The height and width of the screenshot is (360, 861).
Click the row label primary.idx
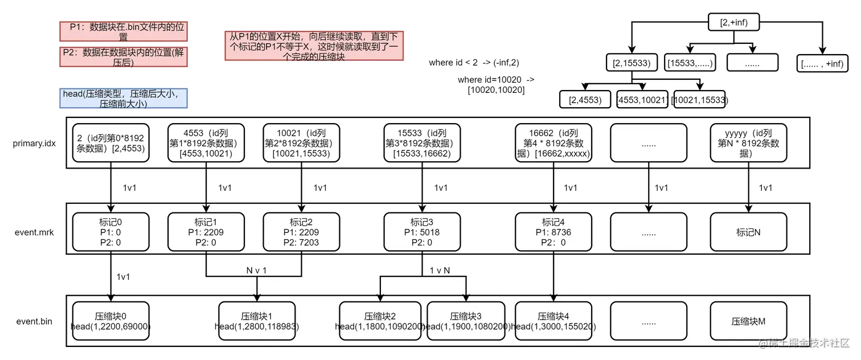pyautogui.click(x=34, y=144)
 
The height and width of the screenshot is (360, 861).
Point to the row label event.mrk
pyautogui.click(x=34, y=232)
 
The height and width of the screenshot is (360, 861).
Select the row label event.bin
pyautogui.click(x=34, y=321)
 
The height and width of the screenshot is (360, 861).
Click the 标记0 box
pyautogui.click(x=110, y=232)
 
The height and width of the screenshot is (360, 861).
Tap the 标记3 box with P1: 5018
pyautogui.click(x=422, y=232)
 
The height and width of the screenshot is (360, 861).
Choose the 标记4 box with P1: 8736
pyautogui.click(x=553, y=232)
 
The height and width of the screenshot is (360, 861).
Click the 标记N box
pyautogui.click(x=748, y=232)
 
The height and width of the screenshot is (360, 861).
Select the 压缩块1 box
pyautogui.click(x=257, y=321)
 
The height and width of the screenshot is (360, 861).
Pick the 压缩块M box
pyautogui.click(x=748, y=321)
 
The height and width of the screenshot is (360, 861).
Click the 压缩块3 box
pyautogui.click(x=466, y=321)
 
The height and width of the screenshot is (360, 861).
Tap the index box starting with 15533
pyautogui.click(x=422, y=143)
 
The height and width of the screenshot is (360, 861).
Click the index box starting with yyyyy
pyautogui.click(x=748, y=143)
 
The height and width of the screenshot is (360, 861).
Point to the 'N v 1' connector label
pyautogui.click(x=256, y=271)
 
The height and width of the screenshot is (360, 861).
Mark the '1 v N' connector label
pyautogui.click(x=440, y=271)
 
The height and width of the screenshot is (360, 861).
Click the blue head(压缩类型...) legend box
pyautogui.click(x=124, y=99)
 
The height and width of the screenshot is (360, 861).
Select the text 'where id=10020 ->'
pyautogui.click(x=496, y=80)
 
